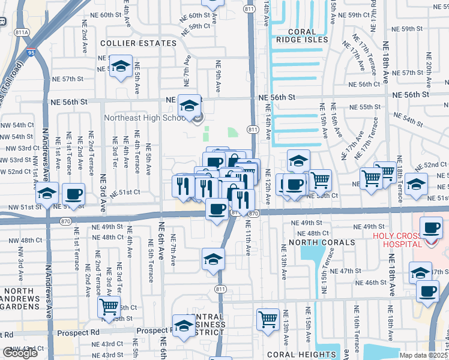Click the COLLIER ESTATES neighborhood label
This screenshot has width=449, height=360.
(x=139, y=43)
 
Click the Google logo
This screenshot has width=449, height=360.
(x=20, y=353)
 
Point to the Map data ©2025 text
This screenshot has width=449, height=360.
(x=424, y=355)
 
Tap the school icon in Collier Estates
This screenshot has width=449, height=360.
(x=121, y=67)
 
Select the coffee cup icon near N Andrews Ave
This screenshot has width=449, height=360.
(x=73, y=194)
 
